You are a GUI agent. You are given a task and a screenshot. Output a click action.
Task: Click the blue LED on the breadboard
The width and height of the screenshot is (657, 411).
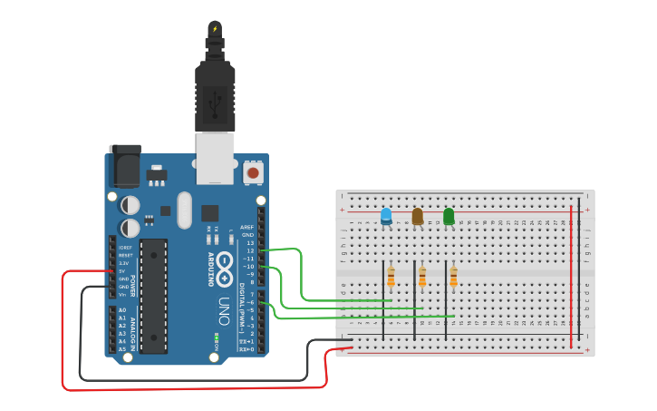tap(386, 216)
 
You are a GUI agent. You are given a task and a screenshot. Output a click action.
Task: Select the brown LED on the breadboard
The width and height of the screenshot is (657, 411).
tap(417, 216)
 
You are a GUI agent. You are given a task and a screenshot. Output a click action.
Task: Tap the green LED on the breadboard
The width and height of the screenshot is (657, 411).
tap(449, 216)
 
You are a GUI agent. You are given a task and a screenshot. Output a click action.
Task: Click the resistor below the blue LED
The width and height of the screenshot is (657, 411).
tap(391, 277)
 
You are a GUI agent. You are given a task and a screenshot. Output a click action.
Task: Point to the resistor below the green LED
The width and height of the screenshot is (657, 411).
tap(453, 277)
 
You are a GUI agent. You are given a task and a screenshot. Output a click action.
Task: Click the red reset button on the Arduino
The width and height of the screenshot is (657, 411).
tap(253, 172)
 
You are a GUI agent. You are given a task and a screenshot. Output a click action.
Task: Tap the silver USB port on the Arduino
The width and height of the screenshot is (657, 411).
tap(215, 157)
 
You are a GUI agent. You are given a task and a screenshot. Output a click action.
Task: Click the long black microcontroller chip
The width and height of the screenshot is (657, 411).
tap(154, 296)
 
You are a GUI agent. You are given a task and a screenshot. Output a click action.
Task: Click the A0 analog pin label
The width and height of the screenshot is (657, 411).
tap(122, 310)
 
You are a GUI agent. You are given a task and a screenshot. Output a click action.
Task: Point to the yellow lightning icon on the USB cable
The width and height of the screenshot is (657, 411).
tap(215, 29)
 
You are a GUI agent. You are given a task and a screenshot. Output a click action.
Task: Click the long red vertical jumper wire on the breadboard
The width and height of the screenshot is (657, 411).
tap(571, 277)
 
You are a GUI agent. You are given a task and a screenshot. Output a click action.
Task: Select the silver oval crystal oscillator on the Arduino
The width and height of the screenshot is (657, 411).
tap(185, 210)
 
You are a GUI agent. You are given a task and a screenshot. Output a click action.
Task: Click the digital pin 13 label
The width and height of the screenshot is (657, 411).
tap(250, 243)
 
